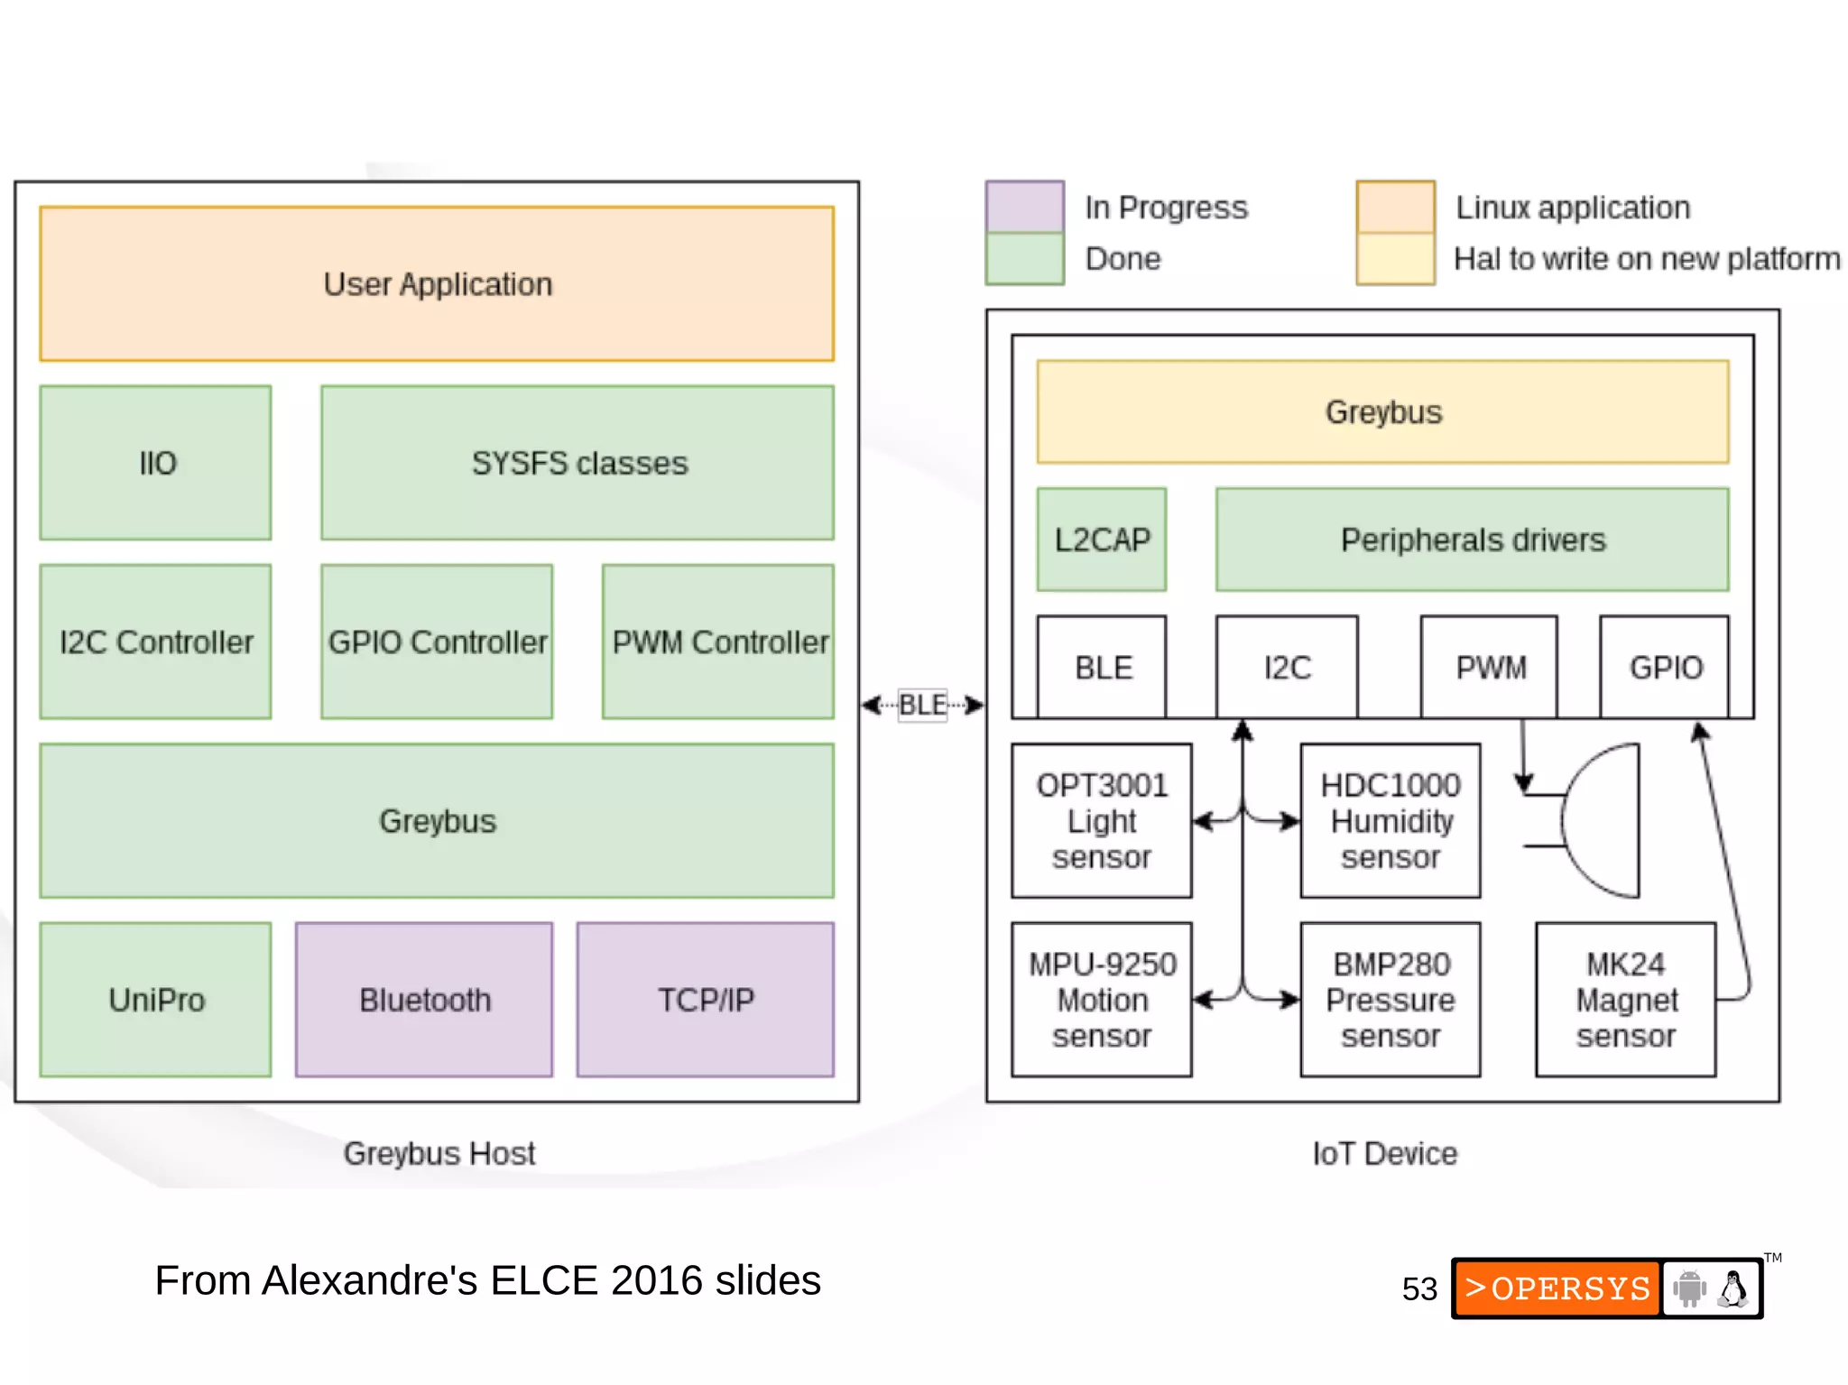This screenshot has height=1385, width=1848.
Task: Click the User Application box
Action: (x=437, y=284)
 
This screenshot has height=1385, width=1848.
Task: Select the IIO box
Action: (x=155, y=463)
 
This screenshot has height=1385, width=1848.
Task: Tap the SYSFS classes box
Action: (x=577, y=463)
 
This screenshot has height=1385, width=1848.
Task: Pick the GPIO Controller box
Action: (x=437, y=642)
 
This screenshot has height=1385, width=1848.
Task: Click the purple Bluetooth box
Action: (x=424, y=999)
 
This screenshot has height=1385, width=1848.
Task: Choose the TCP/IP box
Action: (x=705, y=999)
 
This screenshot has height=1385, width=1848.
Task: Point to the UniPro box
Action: (x=155, y=999)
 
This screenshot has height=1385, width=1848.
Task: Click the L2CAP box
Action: (x=1101, y=540)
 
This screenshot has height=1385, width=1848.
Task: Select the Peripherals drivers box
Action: (x=1472, y=540)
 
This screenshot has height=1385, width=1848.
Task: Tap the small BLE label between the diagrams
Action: (x=922, y=705)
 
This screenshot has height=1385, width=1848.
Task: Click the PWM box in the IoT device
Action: (x=1489, y=668)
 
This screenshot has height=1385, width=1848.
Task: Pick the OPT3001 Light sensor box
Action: (x=1101, y=820)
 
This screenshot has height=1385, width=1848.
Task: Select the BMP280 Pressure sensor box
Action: (x=1390, y=999)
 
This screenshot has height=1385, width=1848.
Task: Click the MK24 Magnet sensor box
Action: (x=1625, y=999)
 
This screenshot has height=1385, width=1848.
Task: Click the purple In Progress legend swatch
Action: (x=1024, y=207)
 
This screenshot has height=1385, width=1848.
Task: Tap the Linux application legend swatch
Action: (x=1395, y=207)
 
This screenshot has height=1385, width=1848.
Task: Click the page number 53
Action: (x=1419, y=1288)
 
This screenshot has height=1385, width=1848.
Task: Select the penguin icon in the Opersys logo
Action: (x=1732, y=1288)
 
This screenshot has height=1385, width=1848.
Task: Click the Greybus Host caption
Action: (x=439, y=1153)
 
